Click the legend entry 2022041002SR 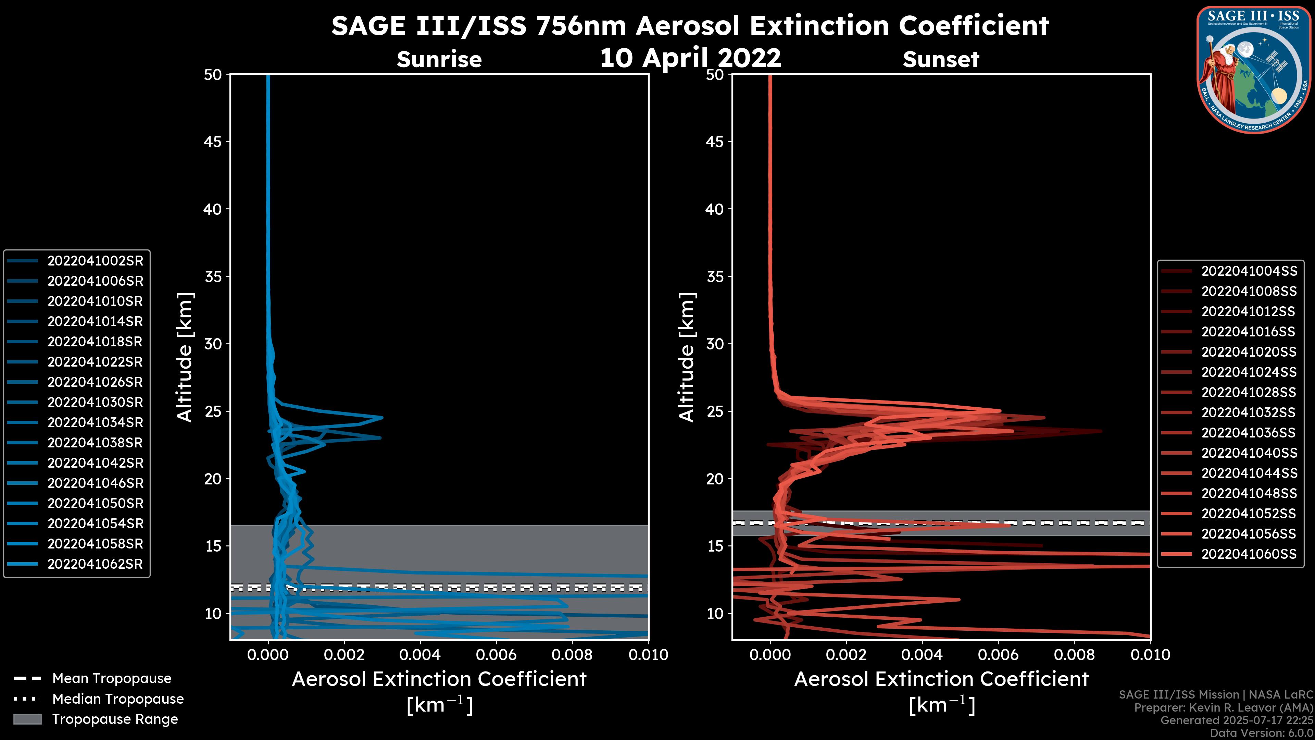click(x=95, y=261)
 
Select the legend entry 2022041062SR click(x=95, y=564)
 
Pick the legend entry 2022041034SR click(x=95, y=423)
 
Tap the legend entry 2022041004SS click(x=1249, y=271)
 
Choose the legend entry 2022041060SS click(x=1249, y=554)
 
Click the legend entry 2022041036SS click(x=1249, y=433)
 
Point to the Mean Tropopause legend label click(x=111, y=679)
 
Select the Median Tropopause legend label click(x=117, y=699)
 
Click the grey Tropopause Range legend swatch click(x=27, y=719)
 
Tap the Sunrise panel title click(x=439, y=60)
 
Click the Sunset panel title click(x=940, y=60)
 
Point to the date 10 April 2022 click(x=690, y=58)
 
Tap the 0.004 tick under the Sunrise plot click(x=419, y=655)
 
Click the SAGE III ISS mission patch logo click(x=1254, y=70)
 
